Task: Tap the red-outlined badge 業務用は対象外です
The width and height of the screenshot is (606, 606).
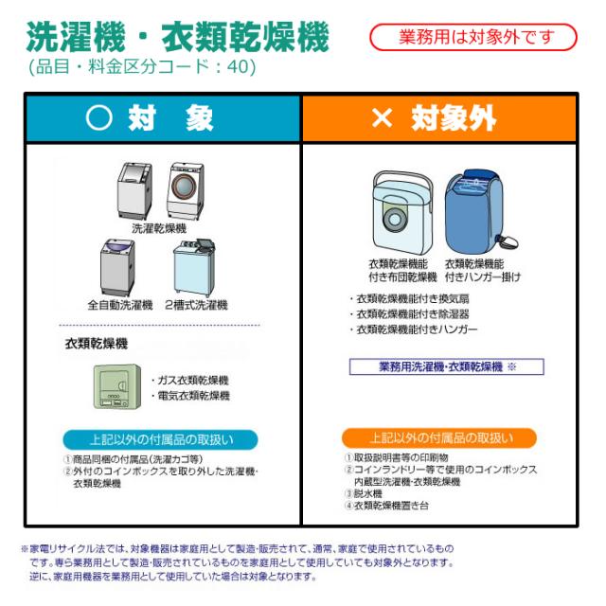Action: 472,37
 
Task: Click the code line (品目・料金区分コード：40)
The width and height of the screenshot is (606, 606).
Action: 141,67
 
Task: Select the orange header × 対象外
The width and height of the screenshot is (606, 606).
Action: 438,117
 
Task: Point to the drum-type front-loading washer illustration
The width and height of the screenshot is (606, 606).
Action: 186,190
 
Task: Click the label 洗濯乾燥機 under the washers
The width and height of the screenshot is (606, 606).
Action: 158,228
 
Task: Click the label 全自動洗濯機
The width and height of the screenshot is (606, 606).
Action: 119,305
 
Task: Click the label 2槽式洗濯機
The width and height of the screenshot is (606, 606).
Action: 196,305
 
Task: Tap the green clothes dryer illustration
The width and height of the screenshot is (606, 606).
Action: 116,385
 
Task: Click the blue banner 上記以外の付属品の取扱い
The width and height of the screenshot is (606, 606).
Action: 159,439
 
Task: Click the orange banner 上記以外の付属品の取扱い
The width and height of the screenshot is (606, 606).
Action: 439,438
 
